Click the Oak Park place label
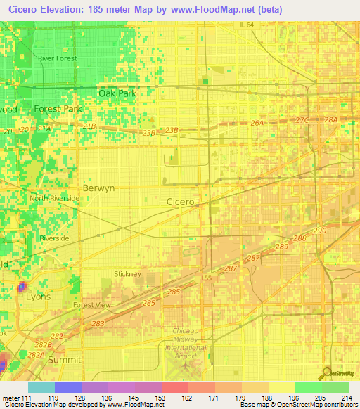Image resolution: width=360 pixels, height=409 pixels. (117, 93)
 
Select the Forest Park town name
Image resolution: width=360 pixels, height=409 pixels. (58, 109)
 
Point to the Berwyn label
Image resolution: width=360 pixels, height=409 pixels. (98, 188)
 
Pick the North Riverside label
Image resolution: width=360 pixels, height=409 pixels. (54, 199)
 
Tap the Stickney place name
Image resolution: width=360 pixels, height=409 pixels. (128, 274)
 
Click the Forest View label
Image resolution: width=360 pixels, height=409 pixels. (92, 305)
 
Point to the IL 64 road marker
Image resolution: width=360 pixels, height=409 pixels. (247, 25)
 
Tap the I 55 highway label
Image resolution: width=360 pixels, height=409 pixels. (206, 279)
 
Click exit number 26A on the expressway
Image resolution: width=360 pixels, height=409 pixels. (257, 123)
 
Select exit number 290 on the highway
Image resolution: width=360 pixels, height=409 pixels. (321, 231)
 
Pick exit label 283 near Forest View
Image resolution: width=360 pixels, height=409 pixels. (98, 324)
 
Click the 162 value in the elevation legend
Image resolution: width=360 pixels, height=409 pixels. (174, 397)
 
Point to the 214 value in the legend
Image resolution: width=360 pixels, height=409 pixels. (345, 397)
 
